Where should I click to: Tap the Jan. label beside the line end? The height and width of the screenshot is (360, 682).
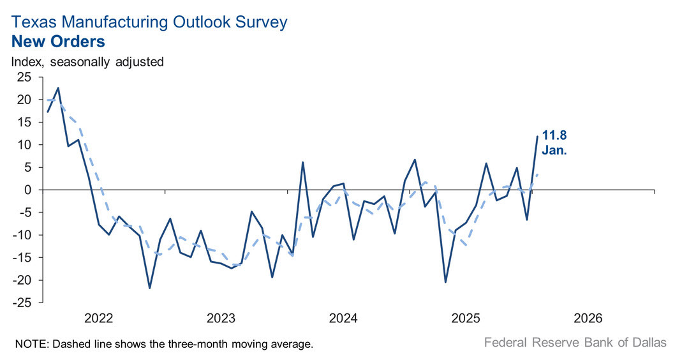(554, 152)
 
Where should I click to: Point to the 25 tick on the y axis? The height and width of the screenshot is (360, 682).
(24, 77)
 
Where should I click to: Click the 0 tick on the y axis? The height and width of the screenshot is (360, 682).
(27, 190)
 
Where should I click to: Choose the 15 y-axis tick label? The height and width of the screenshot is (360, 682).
(24, 123)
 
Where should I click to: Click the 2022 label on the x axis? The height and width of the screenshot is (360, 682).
(99, 318)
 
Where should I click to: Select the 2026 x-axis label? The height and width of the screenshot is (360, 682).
(589, 318)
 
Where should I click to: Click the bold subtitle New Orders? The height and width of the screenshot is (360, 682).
(58, 42)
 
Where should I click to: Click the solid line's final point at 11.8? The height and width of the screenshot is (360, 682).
(537, 137)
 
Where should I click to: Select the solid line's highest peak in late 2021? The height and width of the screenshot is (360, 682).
(58, 88)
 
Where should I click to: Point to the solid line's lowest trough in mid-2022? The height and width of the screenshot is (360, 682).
(150, 288)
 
